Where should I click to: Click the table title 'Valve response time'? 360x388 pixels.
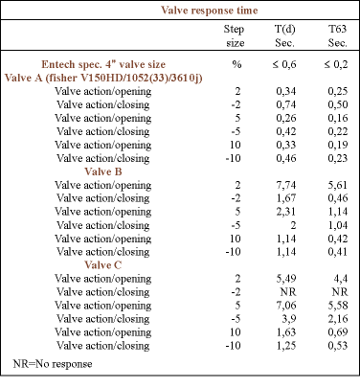pos(180,11)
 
